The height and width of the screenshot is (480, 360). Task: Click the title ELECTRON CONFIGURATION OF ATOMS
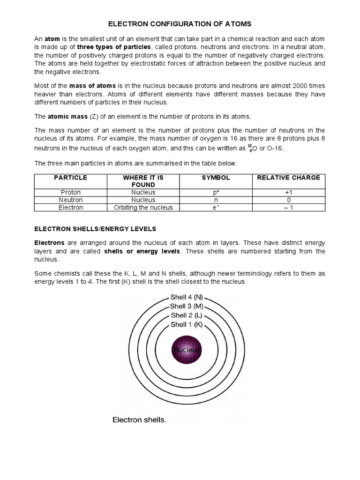(x=180, y=23)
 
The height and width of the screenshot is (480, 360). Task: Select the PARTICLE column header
(x=71, y=178)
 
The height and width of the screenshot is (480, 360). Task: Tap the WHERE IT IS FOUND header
(x=143, y=181)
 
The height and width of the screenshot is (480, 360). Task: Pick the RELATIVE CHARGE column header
(x=288, y=178)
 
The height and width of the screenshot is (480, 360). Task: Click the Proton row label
(x=71, y=192)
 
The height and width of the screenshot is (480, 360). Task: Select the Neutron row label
(x=71, y=200)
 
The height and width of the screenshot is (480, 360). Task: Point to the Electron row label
(x=71, y=207)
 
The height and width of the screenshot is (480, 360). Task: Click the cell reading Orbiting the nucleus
(x=143, y=207)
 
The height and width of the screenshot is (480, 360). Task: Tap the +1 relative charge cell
(x=288, y=192)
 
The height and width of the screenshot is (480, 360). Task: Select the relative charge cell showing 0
(x=288, y=200)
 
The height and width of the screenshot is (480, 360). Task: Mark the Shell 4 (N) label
(x=186, y=297)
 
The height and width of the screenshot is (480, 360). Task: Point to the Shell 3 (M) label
(x=186, y=306)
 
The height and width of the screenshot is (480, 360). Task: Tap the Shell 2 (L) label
(x=186, y=315)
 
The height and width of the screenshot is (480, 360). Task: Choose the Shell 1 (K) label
(x=186, y=324)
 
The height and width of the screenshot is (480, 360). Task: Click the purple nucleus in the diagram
(x=187, y=350)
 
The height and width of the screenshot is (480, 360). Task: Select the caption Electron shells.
(x=139, y=420)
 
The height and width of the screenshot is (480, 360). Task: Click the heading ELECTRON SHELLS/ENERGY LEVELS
(x=95, y=229)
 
